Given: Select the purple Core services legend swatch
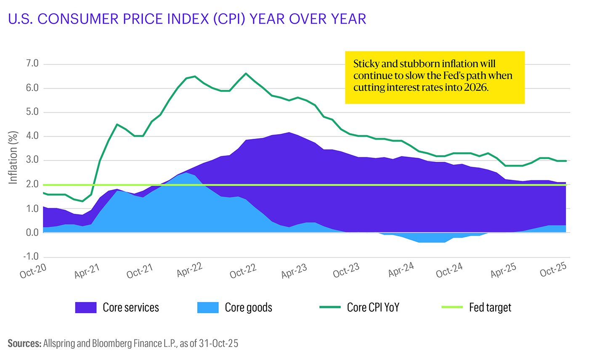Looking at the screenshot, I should [86, 307].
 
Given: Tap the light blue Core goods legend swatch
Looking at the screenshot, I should [208, 307].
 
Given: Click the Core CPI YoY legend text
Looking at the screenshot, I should [373, 307].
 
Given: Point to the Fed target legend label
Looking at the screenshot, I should [490, 307].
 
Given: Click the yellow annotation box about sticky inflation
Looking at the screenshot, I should [435, 77].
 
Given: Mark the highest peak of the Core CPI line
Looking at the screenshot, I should [246, 74].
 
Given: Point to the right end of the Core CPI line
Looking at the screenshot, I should [566, 161].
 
